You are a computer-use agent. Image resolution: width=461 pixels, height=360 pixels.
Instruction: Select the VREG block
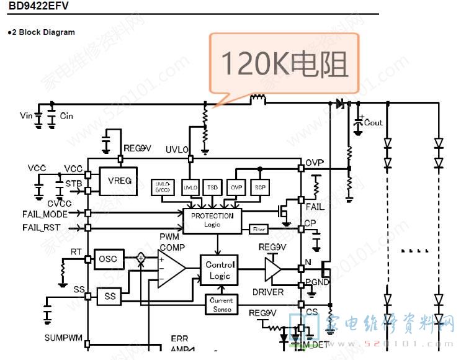pos(119,181)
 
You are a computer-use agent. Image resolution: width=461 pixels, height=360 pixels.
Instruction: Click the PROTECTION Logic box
pos(212,220)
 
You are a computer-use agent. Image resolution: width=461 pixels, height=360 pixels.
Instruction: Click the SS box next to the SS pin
pos(110,297)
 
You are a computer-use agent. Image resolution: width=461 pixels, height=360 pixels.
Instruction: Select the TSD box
pos(213,187)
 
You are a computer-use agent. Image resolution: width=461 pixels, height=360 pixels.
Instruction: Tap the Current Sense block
pos(222,305)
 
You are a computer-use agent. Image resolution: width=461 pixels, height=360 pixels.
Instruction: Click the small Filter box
pos(259,230)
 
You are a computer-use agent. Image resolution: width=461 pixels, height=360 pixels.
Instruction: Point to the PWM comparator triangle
pos(171,269)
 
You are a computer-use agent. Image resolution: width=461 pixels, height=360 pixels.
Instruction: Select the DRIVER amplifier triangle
pos(274,269)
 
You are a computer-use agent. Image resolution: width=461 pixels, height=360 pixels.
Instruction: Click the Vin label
pos(26,115)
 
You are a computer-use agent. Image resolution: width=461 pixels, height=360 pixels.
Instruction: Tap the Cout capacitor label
pos(374,122)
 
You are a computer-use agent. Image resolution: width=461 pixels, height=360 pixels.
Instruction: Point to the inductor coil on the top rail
pos(257,99)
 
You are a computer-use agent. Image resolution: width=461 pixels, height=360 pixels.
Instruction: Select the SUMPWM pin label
pos(63,338)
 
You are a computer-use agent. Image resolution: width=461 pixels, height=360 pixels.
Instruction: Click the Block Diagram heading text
pos(43,32)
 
